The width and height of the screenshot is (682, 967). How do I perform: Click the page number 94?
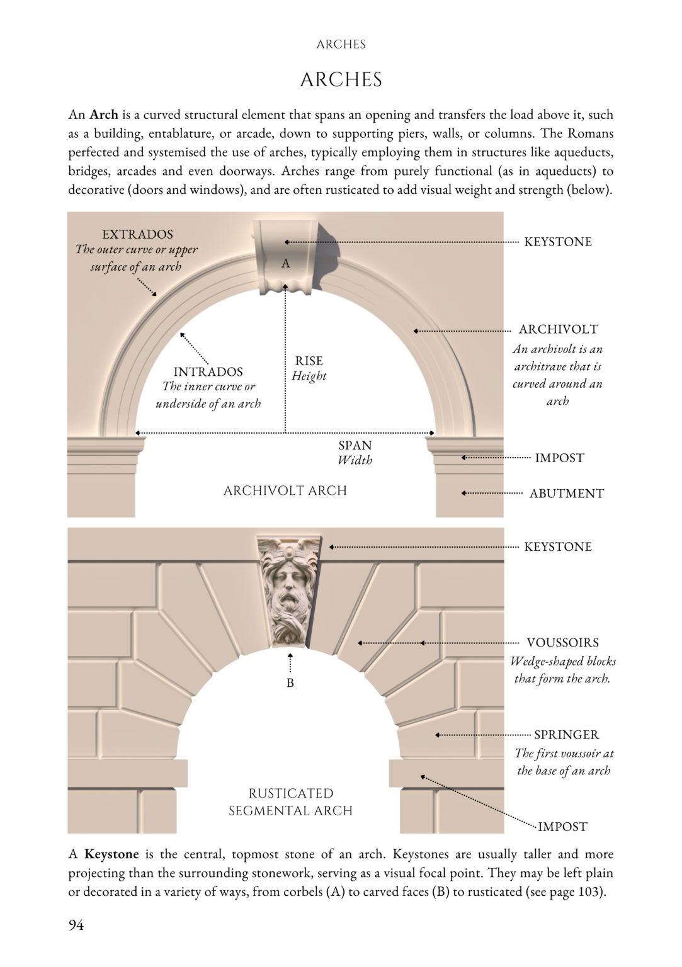click(76, 925)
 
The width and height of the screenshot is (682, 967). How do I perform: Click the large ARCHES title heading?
click(341, 80)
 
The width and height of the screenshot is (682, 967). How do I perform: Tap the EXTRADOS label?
click(137, 234)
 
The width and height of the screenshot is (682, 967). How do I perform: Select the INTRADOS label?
click(208, 371)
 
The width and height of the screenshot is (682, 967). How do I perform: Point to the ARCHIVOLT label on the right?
click(558, 329)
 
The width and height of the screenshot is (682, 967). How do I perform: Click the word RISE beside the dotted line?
click(309, 361)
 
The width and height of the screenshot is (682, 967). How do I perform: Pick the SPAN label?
click(355, 445)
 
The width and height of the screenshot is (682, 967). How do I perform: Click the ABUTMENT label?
click(566, 494)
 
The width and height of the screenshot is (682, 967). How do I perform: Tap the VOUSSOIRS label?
click(562, 643)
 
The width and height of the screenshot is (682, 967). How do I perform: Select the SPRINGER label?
click(566, 735)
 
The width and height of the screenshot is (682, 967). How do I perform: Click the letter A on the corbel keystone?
click(286, 264)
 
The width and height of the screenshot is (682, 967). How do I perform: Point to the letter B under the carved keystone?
click(290, 683)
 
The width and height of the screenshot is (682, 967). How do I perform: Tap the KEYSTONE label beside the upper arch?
click(558, 242)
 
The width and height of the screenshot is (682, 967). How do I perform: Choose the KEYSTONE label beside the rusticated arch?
click(558, 546)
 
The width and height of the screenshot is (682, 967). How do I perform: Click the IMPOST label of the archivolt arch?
click(559, 458)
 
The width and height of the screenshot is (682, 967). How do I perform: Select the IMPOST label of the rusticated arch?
click(562, 827)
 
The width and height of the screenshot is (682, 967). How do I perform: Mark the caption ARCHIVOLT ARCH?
click(285, 490)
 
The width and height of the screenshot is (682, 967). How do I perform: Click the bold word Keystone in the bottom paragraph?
click(111, 854)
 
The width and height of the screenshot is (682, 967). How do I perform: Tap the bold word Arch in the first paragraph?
click(104, 115)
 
